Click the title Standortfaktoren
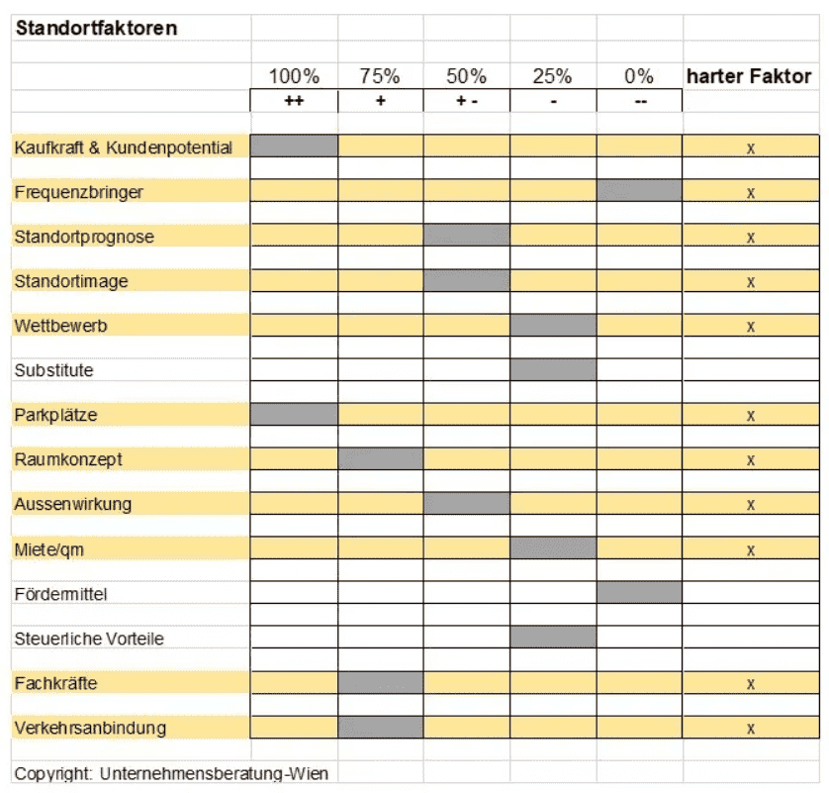[x=96, y=28]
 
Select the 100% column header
[x=294, y=76]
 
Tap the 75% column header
[x=380, y=76]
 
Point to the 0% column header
[x=639, y=76]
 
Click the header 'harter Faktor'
[x=749, y=76]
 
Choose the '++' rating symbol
[x=294, y=101]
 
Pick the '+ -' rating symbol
[x=467, y=101]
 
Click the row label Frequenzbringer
[x=79, y=192]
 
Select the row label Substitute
[x=54, y=370]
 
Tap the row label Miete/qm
[x=49, y=549]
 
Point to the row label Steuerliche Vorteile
[x=89, y=639]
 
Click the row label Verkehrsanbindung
[x=90, y=728]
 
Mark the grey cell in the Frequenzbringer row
[x=639, y=190]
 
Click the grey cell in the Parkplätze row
[x=294, y=414]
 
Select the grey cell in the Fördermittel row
[x=639, y=592]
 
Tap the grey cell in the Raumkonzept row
[x=381, y=458]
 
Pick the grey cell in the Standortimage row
[x=467, y=280]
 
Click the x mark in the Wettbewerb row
[x=751, y=327]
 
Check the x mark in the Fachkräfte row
[x=751, y=684]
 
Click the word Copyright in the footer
[x=53, y=774]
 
